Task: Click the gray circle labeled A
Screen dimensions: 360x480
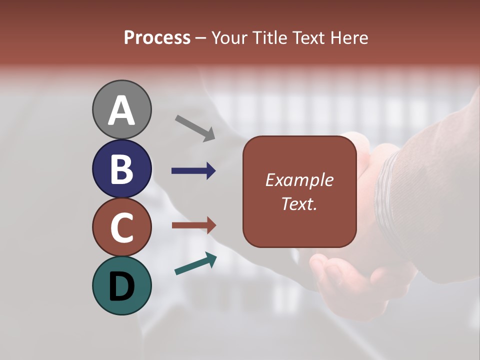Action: (x=121, y=95)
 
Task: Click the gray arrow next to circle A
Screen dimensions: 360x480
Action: (x=195, y=128)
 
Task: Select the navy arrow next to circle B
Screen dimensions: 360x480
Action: (x=193, y=171)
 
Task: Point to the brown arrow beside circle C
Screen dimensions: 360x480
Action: (x=193, y=225)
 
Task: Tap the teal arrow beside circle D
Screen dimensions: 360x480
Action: (x=195, y=263)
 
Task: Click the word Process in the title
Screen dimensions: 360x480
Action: (x=157, y=37)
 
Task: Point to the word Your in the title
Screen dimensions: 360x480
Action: (x=229, y=37)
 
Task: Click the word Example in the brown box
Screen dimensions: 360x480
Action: (x=299, y=180)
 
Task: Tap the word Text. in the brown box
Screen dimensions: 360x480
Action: (x=299, y=203)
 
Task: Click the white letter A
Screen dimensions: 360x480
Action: (x=121, y=111)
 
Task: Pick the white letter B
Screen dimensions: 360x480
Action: (x=121, y=169)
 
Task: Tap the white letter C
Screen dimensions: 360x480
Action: (x=121, y=227)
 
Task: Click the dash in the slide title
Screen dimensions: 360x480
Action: (x=201, y=38)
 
